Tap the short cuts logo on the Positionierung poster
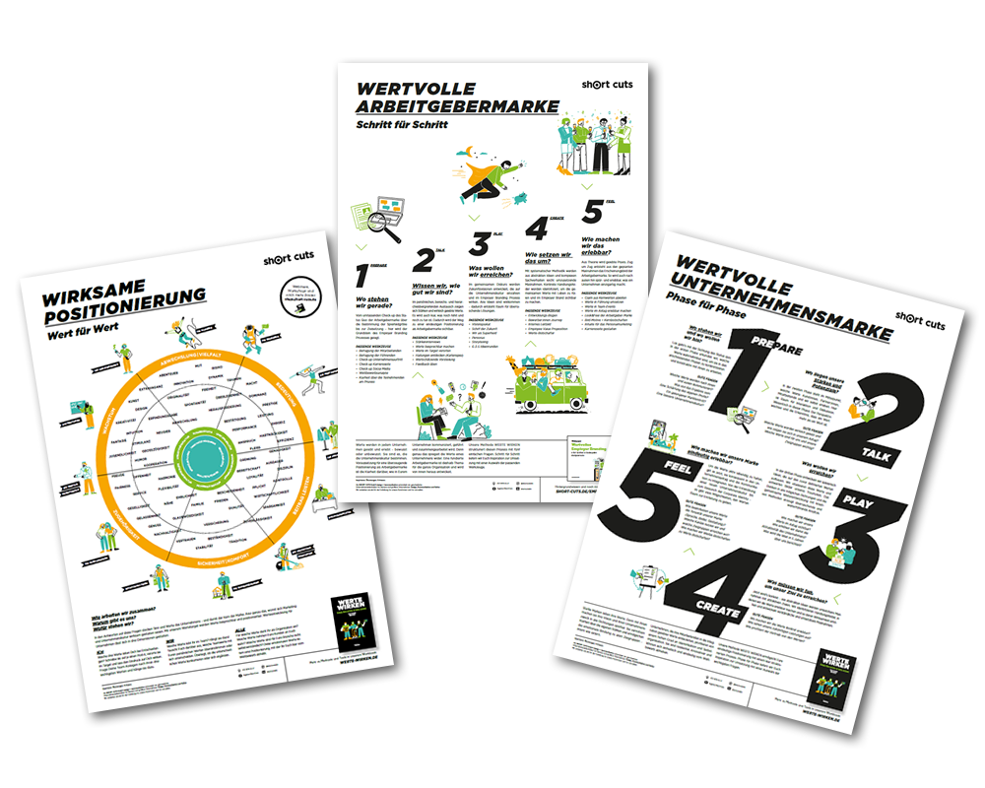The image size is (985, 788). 295,261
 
